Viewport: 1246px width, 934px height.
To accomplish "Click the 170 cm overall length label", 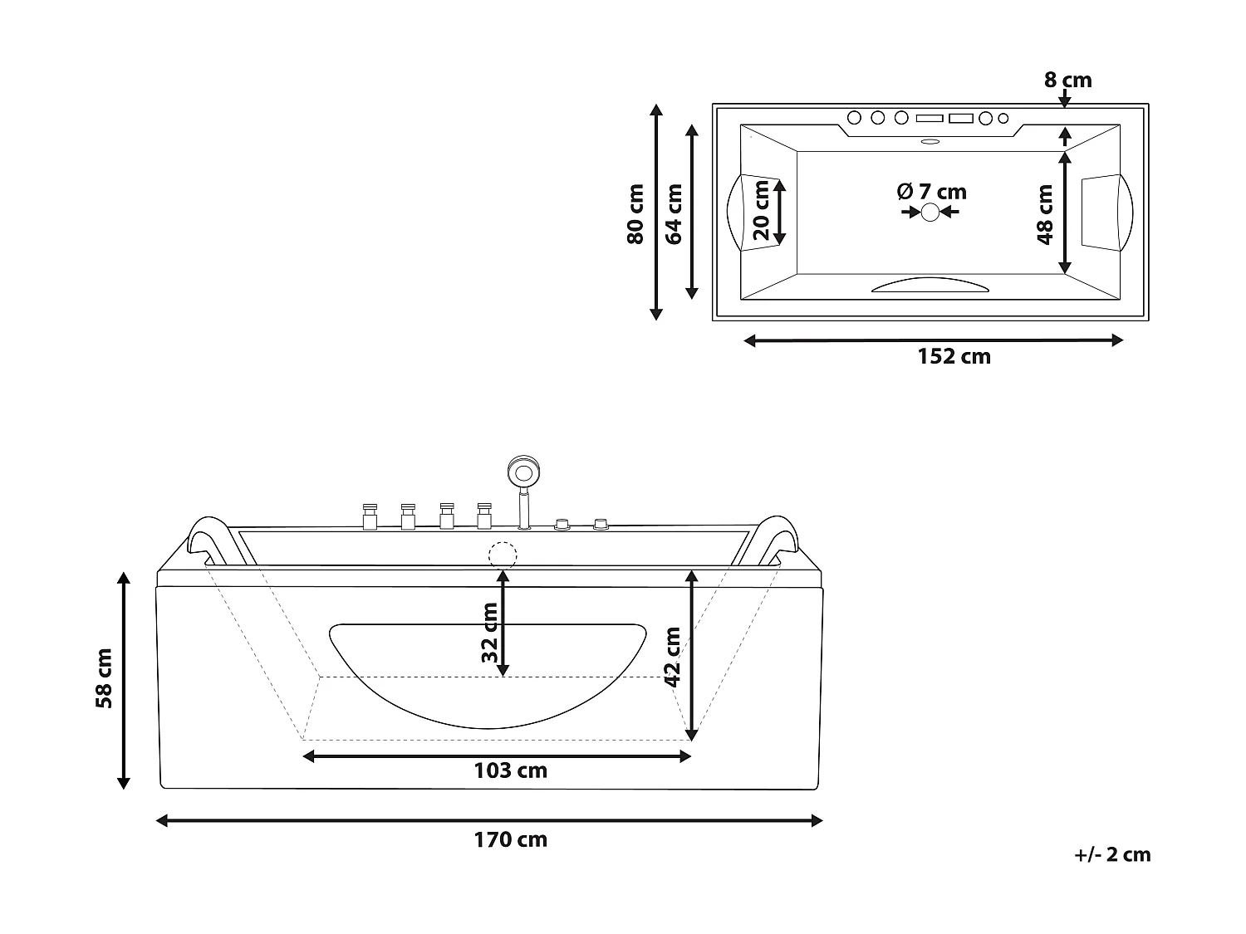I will click(x=510, y=839).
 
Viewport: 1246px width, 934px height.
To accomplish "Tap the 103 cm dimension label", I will click(x=510, y=770).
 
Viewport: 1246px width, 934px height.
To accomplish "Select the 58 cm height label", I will click(x=105, y=678).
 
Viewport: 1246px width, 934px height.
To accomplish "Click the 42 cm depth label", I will click(x=673, y=657).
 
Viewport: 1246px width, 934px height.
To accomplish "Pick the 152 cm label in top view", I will click(x=954, y=356).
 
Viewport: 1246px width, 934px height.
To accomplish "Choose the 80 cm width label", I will click(x=635, y=213).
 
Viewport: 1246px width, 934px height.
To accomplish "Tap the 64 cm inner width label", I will click(x=674, y=213).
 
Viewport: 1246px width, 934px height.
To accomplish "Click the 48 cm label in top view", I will click(x=1045, y=213).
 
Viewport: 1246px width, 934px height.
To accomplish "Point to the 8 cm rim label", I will click(x=1067, y=81).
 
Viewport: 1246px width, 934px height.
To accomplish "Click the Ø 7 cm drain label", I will click(x=932, y=192).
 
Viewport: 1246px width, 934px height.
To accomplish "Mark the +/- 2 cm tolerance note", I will click(x=1111, y=854).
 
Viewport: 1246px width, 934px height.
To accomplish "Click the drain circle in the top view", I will click(x=930, y=213).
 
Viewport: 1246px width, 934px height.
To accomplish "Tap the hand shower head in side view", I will click(x=522, y=473).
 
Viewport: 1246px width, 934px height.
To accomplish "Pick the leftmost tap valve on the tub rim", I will click(x=369, y=516).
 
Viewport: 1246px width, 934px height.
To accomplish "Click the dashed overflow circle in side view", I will click(x=503, y=554).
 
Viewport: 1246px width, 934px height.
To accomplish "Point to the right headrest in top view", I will click(x=1107, y=212).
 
